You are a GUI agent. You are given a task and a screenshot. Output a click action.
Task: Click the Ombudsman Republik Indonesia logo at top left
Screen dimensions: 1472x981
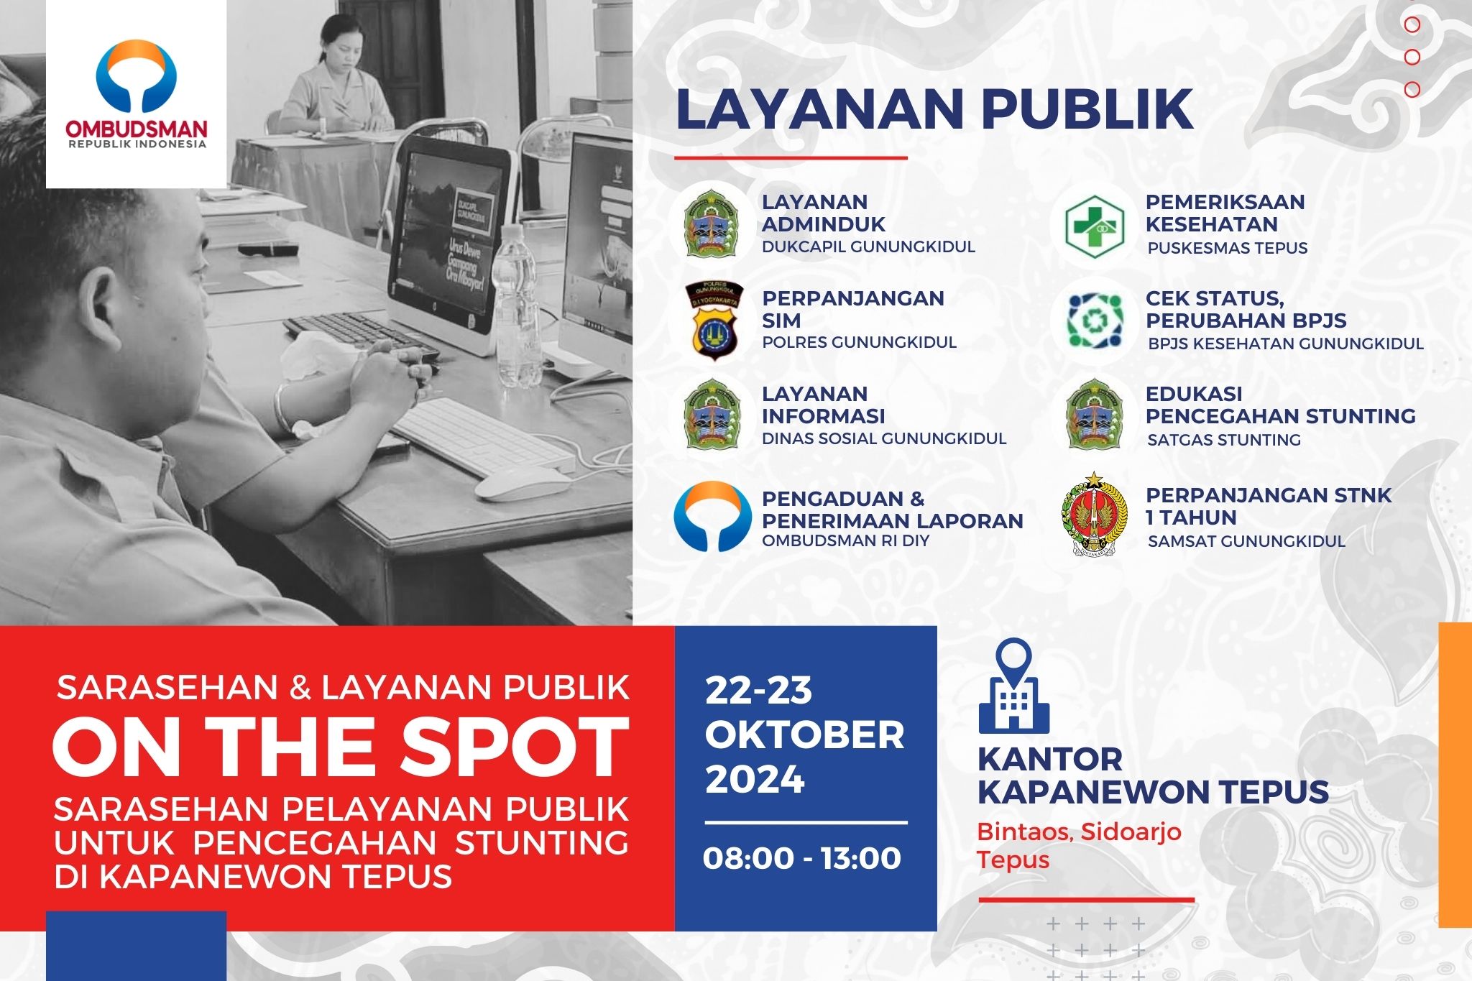pos(137,93)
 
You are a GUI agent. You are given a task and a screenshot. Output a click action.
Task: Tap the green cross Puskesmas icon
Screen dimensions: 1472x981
pos(1095,226)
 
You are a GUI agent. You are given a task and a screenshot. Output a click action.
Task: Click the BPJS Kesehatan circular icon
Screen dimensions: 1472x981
pos(1095,321)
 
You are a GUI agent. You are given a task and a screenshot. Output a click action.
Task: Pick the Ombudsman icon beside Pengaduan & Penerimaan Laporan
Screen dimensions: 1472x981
pos(712,516)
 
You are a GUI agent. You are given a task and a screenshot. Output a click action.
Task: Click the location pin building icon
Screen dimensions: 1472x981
pos(1013,686)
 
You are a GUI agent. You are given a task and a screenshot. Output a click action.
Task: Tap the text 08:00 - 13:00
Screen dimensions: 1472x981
pos(801,858)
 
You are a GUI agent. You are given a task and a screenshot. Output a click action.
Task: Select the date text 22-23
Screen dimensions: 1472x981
pos(758,691)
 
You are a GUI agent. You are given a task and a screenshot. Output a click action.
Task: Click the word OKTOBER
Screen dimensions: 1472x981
pos(804,734)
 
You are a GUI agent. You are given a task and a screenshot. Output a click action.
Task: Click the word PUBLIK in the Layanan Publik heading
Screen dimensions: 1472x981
pos(1087,109)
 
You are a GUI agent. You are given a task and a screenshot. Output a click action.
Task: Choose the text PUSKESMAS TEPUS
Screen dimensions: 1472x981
pos(1228,248)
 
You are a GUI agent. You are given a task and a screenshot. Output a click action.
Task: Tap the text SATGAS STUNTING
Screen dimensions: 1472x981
pos(1224,440)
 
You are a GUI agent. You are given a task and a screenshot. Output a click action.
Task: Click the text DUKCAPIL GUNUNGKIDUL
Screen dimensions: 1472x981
pos(868,247)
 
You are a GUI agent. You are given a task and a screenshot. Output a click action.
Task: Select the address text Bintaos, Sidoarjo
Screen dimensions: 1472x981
pos(1079,832)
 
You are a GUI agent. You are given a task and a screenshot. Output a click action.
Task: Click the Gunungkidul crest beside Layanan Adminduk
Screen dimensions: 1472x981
pos(711,224)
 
